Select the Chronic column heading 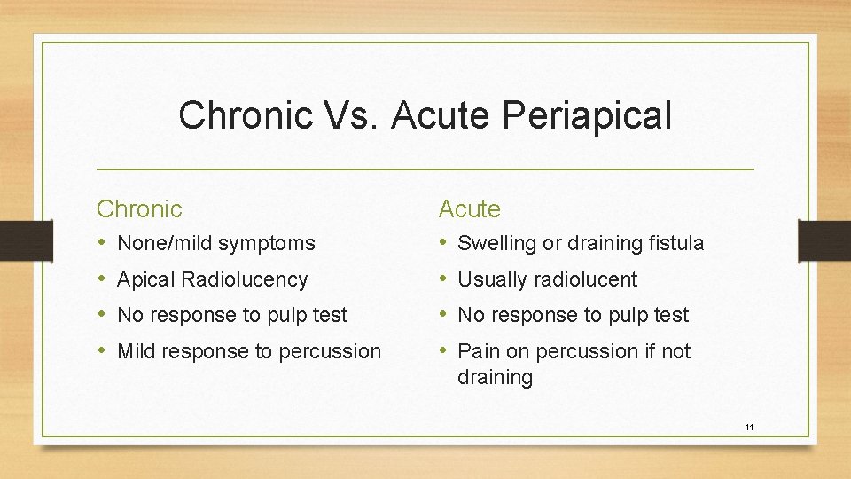tap(139, 209)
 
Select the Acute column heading tap(470, 209)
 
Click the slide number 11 tap(749, 428)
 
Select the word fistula tap(675, 243)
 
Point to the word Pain tap(478, 351)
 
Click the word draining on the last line tap(495, 378)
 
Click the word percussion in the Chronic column tap(330, 352)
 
